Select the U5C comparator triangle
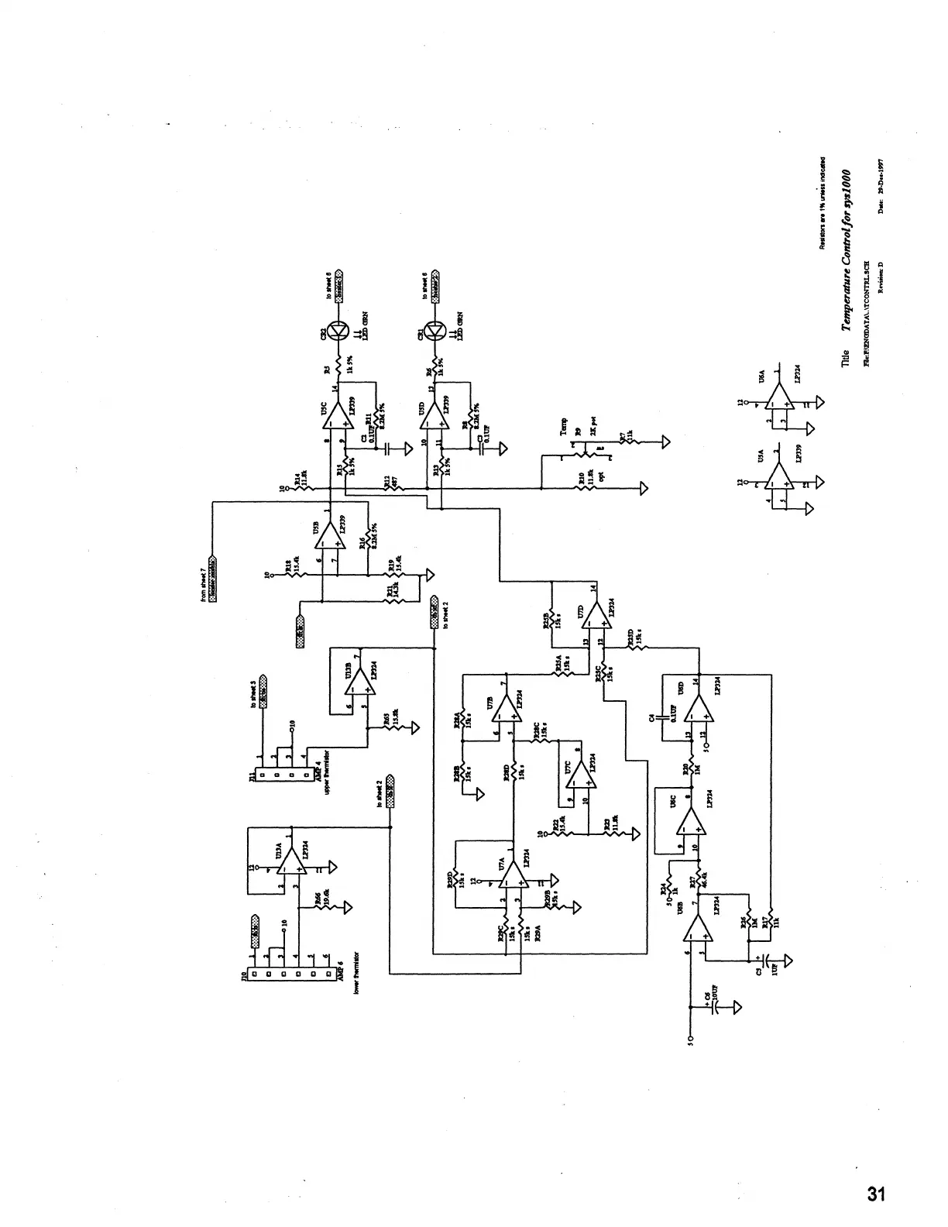335,417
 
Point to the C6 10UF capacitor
714,1007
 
